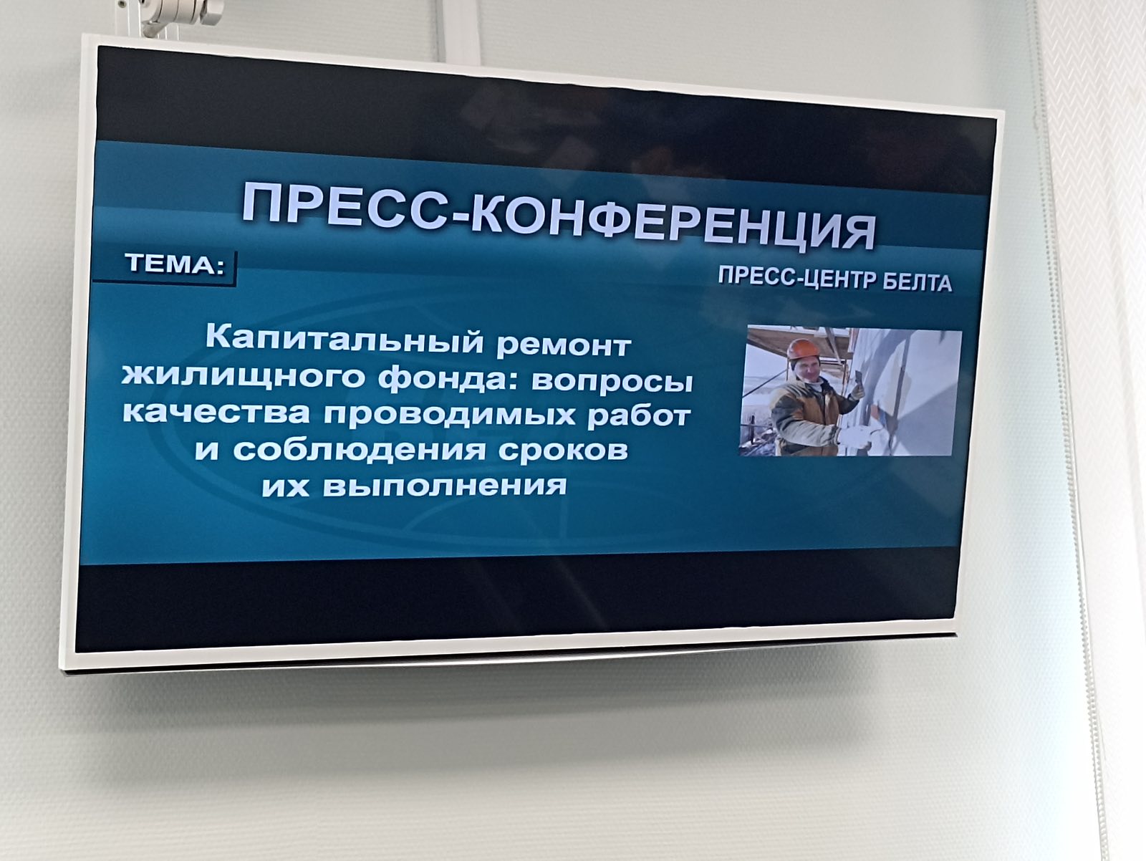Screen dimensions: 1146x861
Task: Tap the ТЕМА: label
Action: [175, 265]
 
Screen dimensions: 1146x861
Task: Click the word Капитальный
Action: [345, 339]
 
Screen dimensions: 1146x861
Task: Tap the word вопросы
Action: [612, 382]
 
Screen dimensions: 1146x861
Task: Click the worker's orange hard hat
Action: [801, 349]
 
